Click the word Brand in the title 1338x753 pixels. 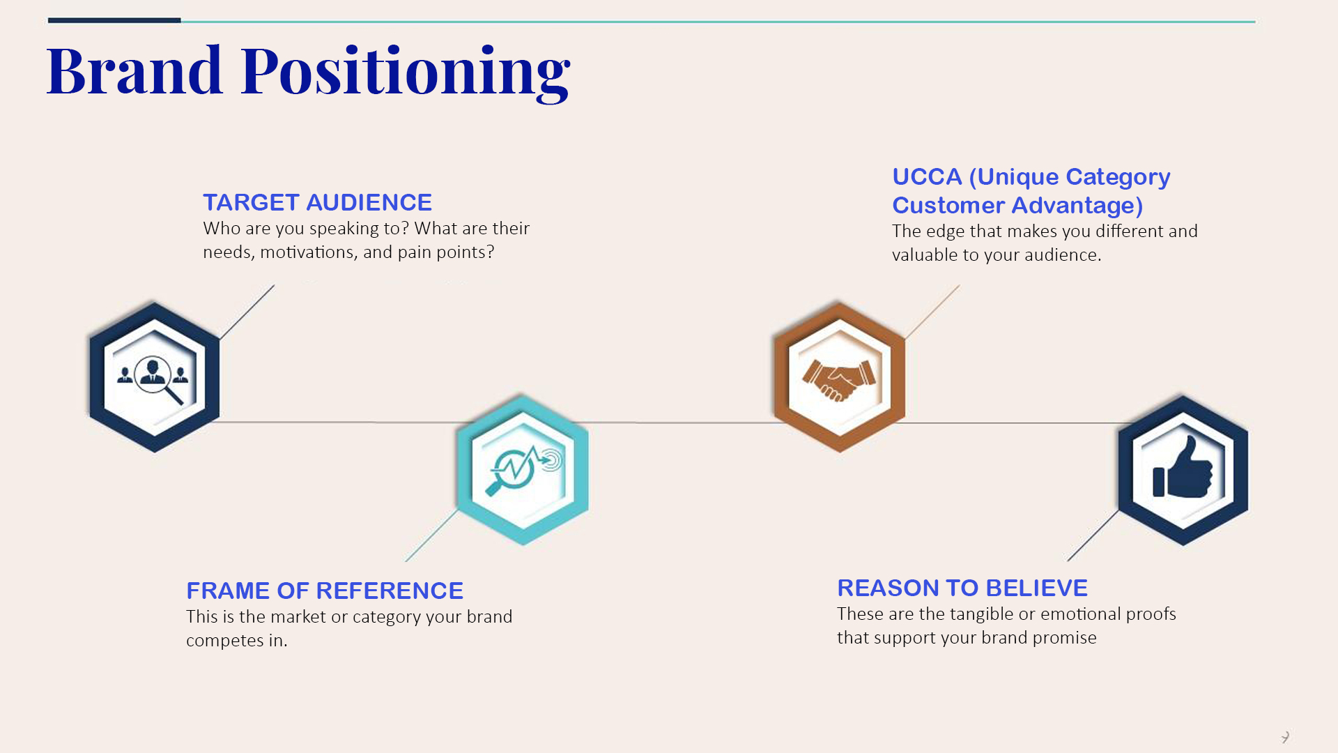pyautogui.click(x=134, y=70)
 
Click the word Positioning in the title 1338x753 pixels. pyautogui.click(x=406, y=73)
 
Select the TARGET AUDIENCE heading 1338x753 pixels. pyautogui.click(x=317, y=202)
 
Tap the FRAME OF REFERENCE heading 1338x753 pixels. pyautogui.click(x=325, y=591)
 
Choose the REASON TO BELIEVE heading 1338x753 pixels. pyautogui.click(x=962, y=588)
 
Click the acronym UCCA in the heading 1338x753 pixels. pyautogui.click(x=927, y=176)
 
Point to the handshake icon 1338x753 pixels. pyautogui.click(x=839, y=379)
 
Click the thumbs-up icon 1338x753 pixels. pyautogui.click(x=1183, y=467)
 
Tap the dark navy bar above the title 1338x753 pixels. pyautogui.click(x=114, y=20)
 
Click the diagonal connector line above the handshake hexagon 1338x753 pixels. pyautogui.click(x=932, y=312)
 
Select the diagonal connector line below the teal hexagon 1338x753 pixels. pyautogui.click(x=432, y=535)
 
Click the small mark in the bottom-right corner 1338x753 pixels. pyautogui.click(x=1285, y=737)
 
